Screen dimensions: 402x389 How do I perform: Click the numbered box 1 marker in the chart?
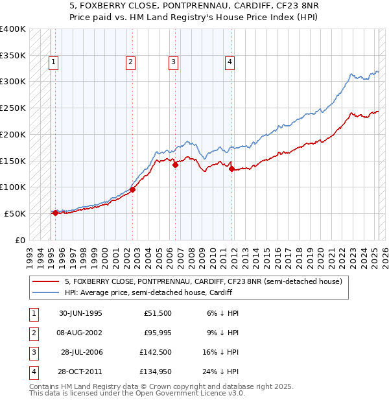[53, 62]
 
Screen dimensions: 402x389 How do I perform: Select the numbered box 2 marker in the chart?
[130, 62]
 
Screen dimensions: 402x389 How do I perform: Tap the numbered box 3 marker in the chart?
[174, 62]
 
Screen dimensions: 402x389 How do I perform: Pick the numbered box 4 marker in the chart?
[230, 62]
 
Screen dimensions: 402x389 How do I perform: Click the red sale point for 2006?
[176, 165]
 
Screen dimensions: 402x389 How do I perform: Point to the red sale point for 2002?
[132, 189]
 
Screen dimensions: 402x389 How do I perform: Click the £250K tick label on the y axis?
[13, 108]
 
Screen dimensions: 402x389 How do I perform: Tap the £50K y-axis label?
[16, 213]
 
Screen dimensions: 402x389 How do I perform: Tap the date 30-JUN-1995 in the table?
[80, 313]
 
